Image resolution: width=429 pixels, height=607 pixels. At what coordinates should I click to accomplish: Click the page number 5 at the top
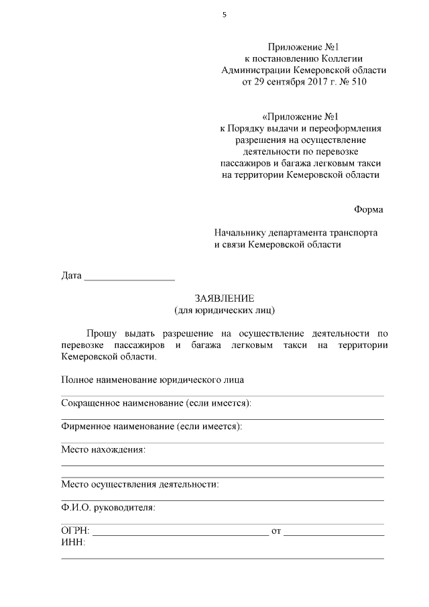pyautogui.click(x=225, y=15)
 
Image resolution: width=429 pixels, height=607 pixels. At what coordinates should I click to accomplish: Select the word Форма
pyautogui.click(x=369, y=209)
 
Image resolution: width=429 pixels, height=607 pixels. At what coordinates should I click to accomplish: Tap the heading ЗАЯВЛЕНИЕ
pyautogui.click(x=225, y=298)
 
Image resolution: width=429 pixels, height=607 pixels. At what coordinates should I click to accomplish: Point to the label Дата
pyautogui.click(x=71, y=276)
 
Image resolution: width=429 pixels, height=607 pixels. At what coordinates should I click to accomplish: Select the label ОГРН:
pyautogui.click(x=74, y=531)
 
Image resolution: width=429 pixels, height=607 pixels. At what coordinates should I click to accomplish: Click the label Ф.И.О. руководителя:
pyautogui.click(x=108, y=507)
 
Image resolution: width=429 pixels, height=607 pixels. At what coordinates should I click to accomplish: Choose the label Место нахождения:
pyautogui.click(x=103, y=449)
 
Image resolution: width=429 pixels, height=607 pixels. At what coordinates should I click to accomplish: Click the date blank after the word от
pyautogui.click(x=334, y=533)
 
